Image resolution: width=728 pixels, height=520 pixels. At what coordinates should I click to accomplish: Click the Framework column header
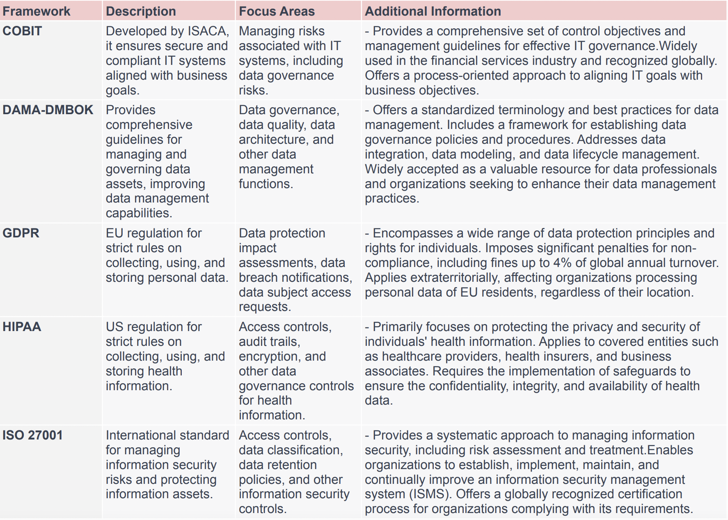click(36, 11)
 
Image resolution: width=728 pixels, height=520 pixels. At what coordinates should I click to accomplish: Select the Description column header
click(141, 11)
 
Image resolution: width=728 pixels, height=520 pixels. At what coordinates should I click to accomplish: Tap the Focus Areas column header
click(277, 11)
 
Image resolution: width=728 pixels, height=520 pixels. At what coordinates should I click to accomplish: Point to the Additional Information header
click(433, 11)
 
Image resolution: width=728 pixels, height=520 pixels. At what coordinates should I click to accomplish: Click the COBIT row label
click(22, 31)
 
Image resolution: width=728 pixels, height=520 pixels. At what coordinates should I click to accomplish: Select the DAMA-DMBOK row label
click(48, 110)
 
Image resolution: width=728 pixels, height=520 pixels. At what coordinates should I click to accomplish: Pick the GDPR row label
click(21, 233)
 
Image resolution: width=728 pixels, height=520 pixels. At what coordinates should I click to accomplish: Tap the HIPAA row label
click(22, 327)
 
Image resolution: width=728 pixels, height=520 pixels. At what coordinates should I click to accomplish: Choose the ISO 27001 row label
click(32, 435)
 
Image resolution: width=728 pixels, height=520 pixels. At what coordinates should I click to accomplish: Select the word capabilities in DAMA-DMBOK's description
click(138, 213)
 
